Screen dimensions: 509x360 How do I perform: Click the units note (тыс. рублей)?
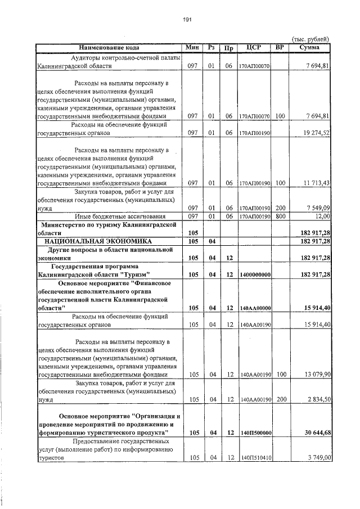point(310,39)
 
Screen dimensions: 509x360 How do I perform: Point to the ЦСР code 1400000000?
point(255,274)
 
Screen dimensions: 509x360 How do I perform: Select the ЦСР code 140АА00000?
point(256,308)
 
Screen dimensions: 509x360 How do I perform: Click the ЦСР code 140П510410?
point(256,458)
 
